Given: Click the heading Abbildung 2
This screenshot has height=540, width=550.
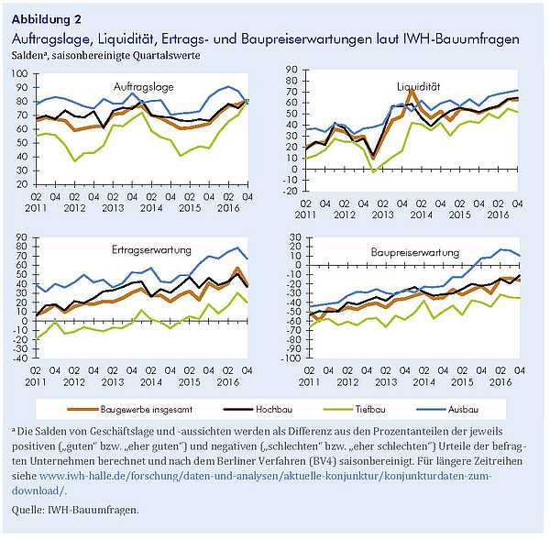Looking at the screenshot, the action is click(47, 19).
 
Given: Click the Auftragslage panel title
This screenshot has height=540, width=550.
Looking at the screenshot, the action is click(144, 87).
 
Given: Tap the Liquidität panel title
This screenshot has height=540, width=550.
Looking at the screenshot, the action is click(419, 86).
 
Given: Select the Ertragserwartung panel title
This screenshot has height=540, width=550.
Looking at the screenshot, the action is click(151, 250).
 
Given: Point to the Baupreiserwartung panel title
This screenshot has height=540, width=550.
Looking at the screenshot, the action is click(415, 253).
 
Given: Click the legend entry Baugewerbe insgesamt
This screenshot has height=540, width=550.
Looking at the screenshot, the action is click(130, 409).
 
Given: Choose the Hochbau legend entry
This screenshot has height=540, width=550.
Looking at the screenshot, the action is click(258, 409).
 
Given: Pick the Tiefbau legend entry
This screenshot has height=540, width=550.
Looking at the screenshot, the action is click(355, 409).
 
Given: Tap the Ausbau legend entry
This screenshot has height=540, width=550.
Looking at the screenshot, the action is click(447, 409).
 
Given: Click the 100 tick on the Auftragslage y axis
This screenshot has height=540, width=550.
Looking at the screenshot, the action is click(19, 73).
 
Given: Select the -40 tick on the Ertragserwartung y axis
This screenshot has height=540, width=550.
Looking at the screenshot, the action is click(19, 358).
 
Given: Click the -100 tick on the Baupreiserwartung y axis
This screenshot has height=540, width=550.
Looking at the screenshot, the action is click(291, 358).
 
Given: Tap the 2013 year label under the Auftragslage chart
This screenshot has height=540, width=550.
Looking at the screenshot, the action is click(113, 208).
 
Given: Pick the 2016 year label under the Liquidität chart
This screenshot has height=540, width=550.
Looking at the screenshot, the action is click(498, 215).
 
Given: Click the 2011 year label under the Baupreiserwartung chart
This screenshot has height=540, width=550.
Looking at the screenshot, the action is click(309, 382).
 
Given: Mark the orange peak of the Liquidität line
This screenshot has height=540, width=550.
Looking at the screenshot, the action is click(412, 90).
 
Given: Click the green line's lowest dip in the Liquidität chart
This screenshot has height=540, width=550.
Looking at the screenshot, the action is click(373, 171).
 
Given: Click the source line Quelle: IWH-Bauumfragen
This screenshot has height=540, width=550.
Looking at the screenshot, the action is click(75, 510).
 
